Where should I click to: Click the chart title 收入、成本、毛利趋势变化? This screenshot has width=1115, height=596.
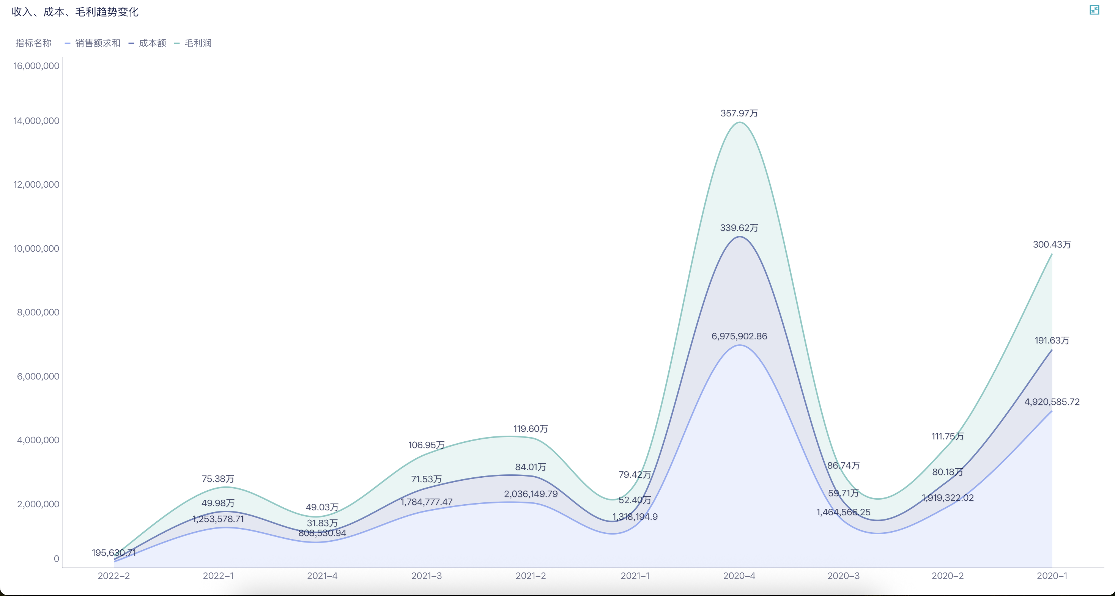(75, 12)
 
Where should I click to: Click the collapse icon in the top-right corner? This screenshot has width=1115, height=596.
(1094, 10)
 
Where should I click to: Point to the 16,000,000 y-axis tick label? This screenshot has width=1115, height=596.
(36, 66)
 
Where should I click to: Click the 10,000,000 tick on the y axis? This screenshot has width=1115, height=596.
(36, 249)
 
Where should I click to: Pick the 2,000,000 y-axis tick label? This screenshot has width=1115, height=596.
(38, 504)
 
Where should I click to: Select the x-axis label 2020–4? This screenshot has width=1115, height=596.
(739, 576)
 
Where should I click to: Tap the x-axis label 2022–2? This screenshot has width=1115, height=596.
(113, 576)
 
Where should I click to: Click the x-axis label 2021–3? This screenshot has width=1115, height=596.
(426, 576)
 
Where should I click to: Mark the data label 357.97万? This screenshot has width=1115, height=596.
(739, 113)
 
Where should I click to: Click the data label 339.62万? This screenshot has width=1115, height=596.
(739, 228)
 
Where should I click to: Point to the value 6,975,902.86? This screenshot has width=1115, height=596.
(739, 336)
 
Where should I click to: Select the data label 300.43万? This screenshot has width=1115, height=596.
(1052, 245)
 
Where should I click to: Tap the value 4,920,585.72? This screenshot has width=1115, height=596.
(1052, 402)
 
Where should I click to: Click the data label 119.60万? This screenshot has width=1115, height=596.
(531, 429)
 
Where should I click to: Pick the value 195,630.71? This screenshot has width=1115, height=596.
(113, 553)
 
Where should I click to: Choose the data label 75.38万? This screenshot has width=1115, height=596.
(218, 479)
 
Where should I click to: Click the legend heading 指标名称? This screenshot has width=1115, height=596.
(33, 43)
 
